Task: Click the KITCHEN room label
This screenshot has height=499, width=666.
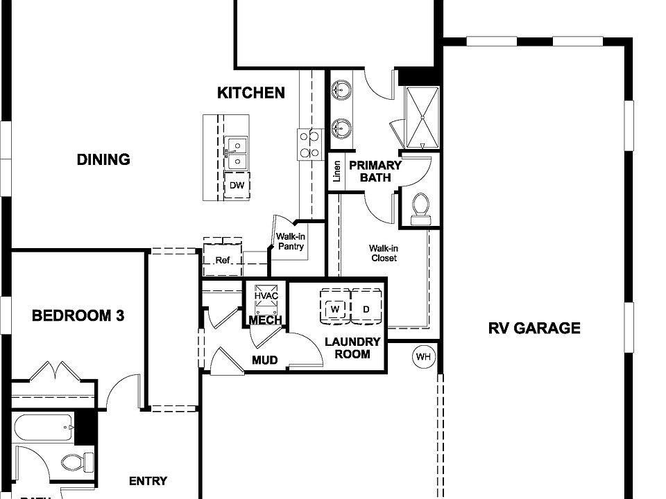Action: coord(251,93)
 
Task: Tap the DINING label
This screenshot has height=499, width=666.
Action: coord(103,159)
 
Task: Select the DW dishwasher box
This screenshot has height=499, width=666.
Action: coord(237,186)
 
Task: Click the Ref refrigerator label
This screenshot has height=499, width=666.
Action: coord(222,261)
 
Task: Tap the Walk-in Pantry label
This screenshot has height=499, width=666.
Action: coord(291,240)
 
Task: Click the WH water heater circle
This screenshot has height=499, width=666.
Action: coord(423,357)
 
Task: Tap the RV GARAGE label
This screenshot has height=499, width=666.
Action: coord(534,328)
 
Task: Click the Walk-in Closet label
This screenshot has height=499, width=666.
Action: coord(383,253)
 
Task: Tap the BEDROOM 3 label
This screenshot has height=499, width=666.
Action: coord(78,316)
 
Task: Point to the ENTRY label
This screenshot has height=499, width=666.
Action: coord(148,481)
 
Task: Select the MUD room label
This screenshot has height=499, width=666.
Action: coord(265,360)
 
